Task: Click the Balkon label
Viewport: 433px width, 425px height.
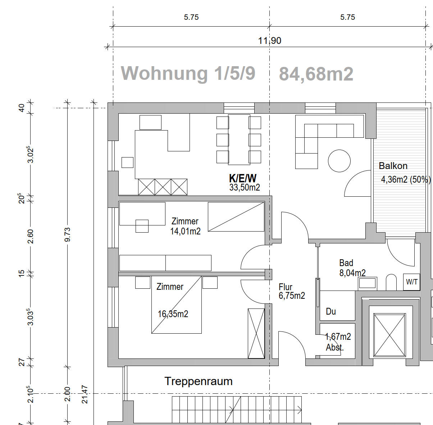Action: coord(393,166)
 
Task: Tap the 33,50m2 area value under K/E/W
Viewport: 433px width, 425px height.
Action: coord(245,187)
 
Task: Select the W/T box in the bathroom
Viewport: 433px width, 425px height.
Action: coord(412,282)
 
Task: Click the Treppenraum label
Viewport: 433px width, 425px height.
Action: coord(199,381)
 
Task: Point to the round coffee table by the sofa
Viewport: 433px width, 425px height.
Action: coord(339,161)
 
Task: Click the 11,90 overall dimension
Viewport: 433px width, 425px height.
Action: coord(270,41)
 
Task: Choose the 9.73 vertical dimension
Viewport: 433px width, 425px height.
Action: coord(68,235)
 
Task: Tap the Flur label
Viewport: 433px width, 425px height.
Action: coord(286,287)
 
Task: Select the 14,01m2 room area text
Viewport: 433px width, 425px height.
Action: coord(185,231)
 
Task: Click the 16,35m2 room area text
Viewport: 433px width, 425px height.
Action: coord(173,314)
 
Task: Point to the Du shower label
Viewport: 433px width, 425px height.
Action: coord(331,311)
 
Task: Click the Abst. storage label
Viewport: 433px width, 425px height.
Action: coord(335,348)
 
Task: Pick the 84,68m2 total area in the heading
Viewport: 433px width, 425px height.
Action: coord(316,74)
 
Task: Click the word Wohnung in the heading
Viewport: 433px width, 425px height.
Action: coord(164,73)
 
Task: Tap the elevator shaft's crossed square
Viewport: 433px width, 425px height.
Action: coord(390,335)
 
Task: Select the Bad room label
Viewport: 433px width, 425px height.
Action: coord(346,263)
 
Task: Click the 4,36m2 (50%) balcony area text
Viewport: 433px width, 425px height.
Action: coord(406,179)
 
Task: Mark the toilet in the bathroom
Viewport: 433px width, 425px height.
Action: coord(391,283)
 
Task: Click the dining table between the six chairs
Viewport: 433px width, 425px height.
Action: coord(239,140)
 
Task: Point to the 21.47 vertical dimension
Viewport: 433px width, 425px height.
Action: coord(85,394)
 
